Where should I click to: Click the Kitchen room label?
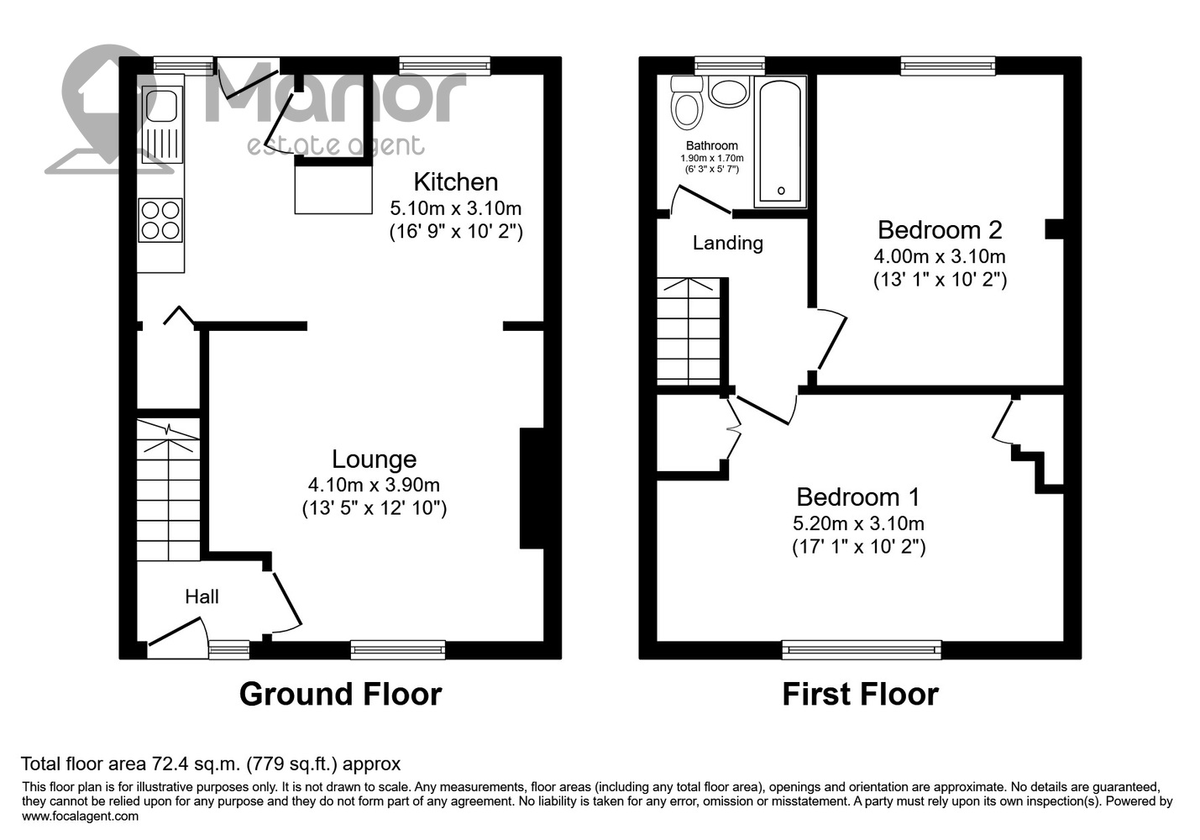tap(455, 182)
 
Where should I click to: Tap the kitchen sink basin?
tap(162, 106)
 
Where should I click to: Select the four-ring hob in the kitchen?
tap(160, 219)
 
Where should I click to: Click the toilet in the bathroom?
tap(687, 102)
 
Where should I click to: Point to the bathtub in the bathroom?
tap(780, 141)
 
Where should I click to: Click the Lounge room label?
tap(374, 459)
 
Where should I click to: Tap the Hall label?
tap(202, 596)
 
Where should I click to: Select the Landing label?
tap(727, 244)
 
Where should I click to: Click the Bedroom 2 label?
tap(940, 230)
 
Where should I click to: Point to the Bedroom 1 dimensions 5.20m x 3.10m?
tap(859, 523)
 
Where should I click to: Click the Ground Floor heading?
tap(340, 695)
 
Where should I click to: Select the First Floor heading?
tap(861, 695)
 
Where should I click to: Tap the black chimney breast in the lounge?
tap(532, 488)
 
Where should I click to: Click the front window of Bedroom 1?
tap(862, 649)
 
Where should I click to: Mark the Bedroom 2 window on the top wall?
tap(948, 66)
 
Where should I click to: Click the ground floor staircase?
tap(169, 490)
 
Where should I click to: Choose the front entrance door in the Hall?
tap(177, 638)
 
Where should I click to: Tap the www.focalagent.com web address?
tap(81, 816)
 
